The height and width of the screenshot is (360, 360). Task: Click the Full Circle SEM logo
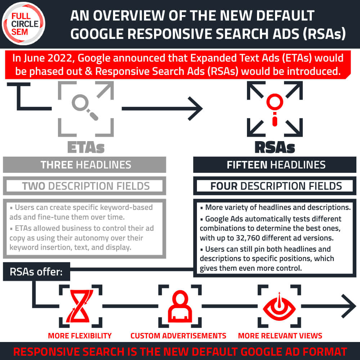pyautogui.click(x=23, y=23)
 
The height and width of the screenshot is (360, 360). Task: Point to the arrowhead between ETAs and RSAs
pyautogui.click(x=195, y=109)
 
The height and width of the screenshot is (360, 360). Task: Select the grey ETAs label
pyautogui.click(x=86, y=147)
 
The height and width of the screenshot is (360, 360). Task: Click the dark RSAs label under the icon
pyautogui.click(x=275, y=147)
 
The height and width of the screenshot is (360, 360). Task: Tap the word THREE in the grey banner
pyautogui.click(x=57, y=165)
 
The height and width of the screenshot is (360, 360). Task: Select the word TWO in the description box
pyautogui.click(x=33, y=186)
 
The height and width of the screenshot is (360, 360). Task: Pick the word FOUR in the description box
pyautogui.click(x=224, y=186)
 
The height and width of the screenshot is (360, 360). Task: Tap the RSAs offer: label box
pyautogui.click(x=36, y=271)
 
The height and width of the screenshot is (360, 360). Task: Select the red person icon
pyautogui.click(x=180, y=306)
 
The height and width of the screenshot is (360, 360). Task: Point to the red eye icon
pyautogui.click(x=279, y=306)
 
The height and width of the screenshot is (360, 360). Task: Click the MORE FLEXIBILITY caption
pyautogui.click(x=80, y=336)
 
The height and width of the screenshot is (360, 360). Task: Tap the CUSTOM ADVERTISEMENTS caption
pyautogui.click(x=179, y=336)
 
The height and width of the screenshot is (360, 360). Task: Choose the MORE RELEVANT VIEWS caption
pyautogui.click(x=280, y=336)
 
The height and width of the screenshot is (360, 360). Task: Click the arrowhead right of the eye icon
pyautogui.click(x=349, y=306)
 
